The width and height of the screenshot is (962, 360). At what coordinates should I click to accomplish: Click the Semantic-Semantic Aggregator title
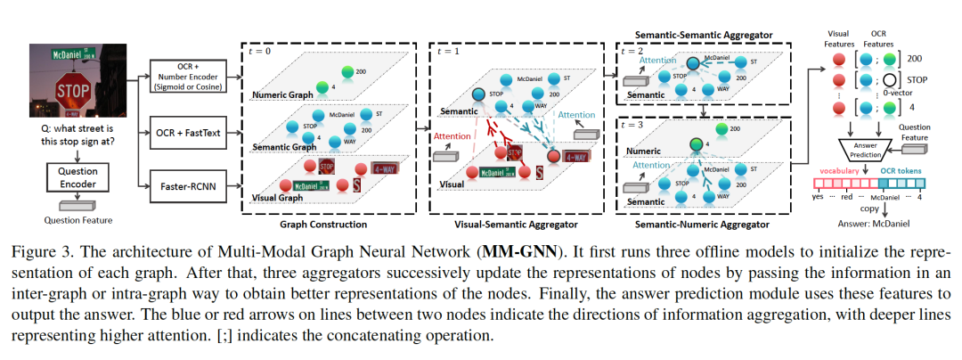tap(705, 33)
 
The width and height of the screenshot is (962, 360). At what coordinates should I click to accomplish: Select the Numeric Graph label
tap(284, 94)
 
